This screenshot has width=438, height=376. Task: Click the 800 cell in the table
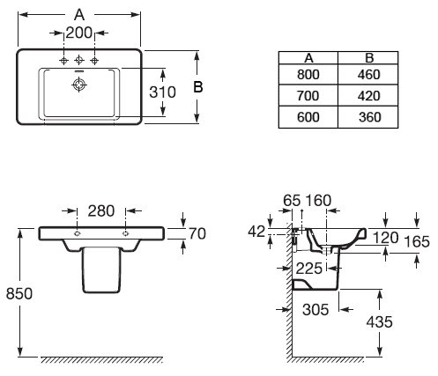coord(308,75)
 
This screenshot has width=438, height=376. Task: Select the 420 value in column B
coord(369,96)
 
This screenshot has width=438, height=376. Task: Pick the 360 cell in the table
coord(370,117)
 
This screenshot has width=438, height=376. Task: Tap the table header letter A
coord(308,58)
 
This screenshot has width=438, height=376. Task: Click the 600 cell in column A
coord(308,117)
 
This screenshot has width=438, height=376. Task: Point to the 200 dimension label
coord(79,33)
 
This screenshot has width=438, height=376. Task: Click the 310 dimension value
coord(162,92)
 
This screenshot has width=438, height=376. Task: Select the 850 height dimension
coord(19,293)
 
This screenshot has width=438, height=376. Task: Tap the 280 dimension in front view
coord(101,211)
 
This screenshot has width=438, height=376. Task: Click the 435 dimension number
coord(379,322)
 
